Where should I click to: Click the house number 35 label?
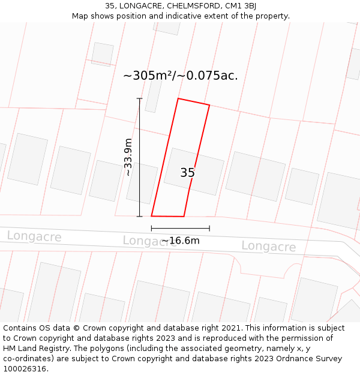coord(187,173)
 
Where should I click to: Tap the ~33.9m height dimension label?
coord(128,157)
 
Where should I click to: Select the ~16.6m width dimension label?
coord(180,241)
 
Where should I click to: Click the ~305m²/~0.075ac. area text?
coord(180,76)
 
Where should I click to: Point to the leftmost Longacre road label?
coord(34,236)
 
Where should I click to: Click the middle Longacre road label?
coord(149,241)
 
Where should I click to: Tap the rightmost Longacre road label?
coord(268,247)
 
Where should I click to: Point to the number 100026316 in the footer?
coord(25,369)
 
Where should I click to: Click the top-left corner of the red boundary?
coord(178,98)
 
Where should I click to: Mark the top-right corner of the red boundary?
coord(209,106)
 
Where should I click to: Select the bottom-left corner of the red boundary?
coord(151,216)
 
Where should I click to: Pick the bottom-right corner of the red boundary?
coord(184,217)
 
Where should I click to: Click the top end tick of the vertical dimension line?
coord(140,98)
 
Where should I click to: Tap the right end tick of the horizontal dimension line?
coord(209,228)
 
